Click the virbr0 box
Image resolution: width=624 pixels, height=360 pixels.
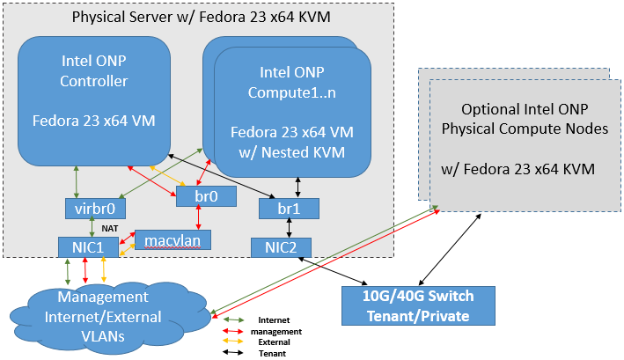(96, 209)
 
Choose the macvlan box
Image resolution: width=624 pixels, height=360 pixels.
(173, 239)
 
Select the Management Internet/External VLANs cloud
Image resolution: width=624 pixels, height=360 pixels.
(107, 312)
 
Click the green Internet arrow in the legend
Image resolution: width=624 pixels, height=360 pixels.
(237, 320)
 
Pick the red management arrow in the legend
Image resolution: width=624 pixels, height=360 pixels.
(237, 331)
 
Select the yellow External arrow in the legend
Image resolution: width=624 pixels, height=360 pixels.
(237, 342)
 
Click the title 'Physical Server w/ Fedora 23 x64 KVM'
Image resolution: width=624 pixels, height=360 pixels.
(200, 17)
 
